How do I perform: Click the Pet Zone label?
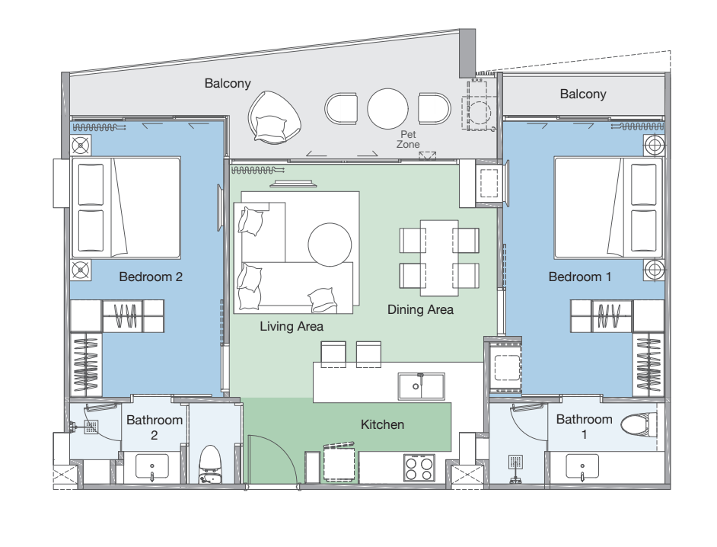408,139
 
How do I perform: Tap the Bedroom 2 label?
151,277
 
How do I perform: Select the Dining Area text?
420,309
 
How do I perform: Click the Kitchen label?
382,424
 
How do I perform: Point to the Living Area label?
292,326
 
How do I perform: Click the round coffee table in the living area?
330,245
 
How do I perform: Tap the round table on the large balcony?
387,108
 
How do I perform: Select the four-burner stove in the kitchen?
419,468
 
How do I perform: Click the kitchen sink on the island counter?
421,386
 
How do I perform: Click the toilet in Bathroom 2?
210,464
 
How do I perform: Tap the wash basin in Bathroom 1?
582,466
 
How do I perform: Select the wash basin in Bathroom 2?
152,466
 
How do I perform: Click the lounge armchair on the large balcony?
274,117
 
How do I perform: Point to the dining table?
439,258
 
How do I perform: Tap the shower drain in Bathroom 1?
516,462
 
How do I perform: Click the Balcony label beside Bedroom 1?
583,94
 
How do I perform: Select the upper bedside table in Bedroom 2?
81,146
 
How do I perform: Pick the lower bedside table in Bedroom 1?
654,270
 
